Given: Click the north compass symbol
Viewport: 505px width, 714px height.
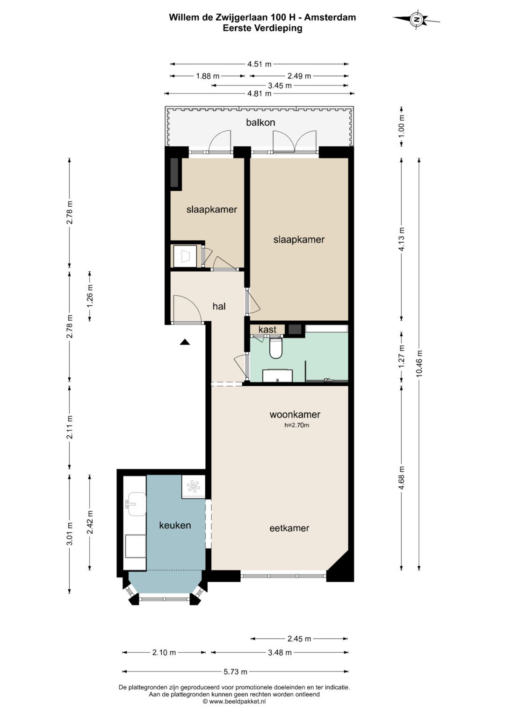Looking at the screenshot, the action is (416, 19).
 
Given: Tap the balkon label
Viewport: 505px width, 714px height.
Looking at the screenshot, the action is (260, 123).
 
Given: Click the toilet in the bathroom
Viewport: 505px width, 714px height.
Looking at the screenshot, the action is (276, 348).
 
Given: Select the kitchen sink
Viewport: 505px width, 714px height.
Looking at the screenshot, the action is (137, 504).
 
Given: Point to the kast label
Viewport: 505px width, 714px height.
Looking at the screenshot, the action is (267, 329).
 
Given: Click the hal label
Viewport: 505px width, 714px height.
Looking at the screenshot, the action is (219, 306).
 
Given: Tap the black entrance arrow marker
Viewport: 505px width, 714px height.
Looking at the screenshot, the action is (185, 342).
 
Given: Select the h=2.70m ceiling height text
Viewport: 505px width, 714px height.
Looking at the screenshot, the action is (296, 425).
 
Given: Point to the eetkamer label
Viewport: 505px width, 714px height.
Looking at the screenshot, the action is (289, 528).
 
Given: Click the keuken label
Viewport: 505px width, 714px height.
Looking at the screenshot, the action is (175, 525).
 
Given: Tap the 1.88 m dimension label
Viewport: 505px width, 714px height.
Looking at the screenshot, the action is (208, 76).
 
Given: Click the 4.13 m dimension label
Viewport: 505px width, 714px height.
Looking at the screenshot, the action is (401, 239).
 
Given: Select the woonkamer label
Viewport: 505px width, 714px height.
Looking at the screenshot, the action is (295, 414).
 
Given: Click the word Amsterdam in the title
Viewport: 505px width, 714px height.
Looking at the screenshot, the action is (330, 17).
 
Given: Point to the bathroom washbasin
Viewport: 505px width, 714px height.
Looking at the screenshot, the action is (277, 375).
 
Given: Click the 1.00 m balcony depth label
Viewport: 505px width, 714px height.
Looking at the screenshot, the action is (401, 126).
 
